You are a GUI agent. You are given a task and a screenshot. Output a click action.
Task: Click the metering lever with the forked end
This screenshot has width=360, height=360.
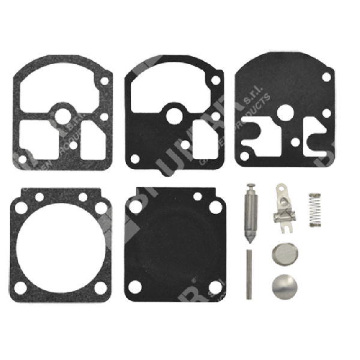point(281,207)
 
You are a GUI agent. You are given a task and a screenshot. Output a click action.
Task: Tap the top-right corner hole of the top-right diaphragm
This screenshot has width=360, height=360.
point(326,77)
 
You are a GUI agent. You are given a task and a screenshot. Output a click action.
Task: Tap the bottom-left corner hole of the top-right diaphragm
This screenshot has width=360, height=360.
point(245,158)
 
